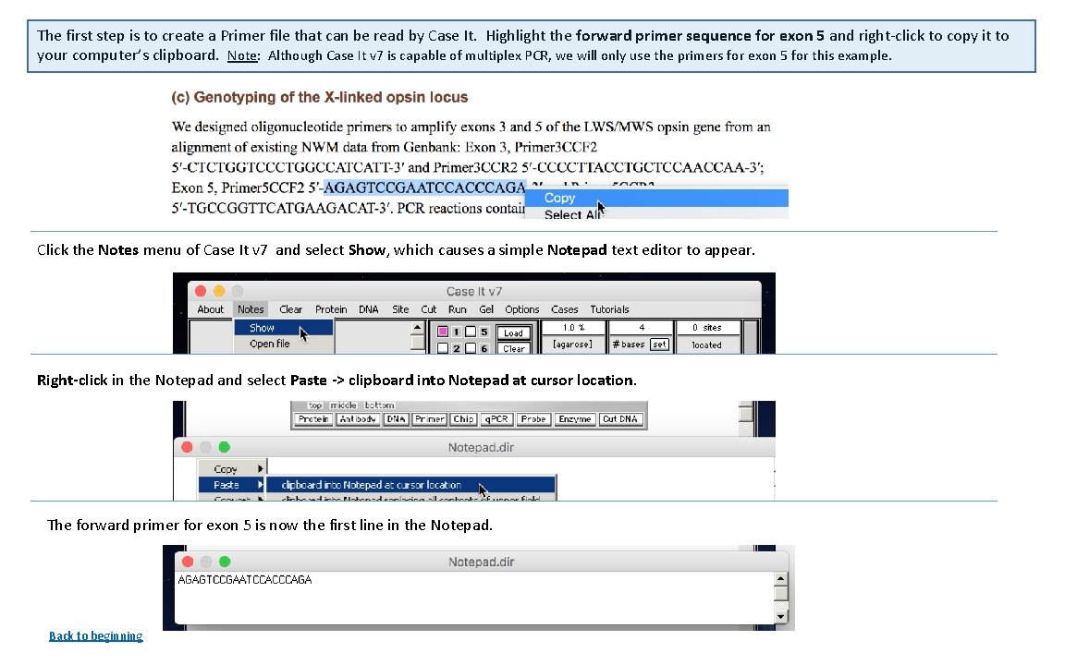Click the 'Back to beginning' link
pos(95,635)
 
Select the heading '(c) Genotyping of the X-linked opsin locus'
pos(320,97)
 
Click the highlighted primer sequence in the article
pos(424,187)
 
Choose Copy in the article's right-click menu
pos(560,198)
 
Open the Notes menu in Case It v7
pos(251,309)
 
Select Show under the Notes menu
pos(262,328)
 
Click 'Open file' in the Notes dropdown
pos(269,344)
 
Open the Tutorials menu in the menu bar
pos(609,309)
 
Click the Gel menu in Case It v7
pos(486,309)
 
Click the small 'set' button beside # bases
pos(659,345)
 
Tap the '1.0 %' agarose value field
pos(574,328)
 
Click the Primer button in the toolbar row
pos(429,419)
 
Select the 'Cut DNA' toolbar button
pos(619,419)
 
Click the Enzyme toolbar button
pos(574,419)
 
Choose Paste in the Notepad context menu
pos(226,485)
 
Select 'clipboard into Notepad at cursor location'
pos(371,485)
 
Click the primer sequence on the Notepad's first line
pos(245,580)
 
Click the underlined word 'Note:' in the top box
pos(243,55)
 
